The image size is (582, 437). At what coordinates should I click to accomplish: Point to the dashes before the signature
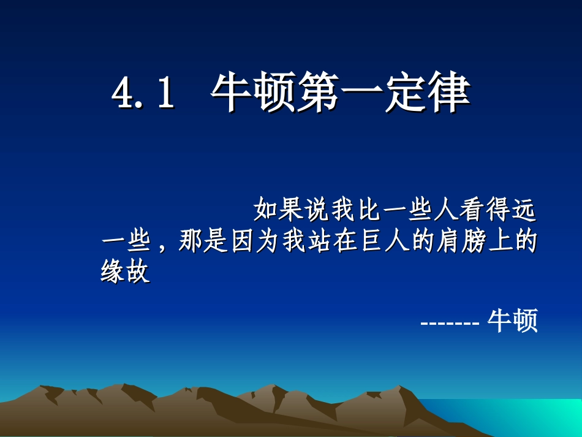(450, 322)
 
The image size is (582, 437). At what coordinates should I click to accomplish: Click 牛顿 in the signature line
(512, 321)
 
